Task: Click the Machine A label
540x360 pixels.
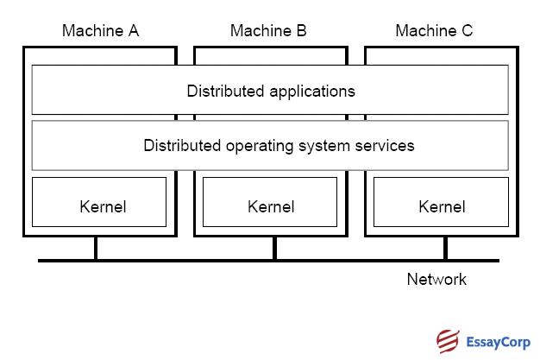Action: pos(100,32)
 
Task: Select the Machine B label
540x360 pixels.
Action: pos(268,32)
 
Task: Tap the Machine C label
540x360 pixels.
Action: pos(434,32)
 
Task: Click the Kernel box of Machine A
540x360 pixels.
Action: pos(99,202)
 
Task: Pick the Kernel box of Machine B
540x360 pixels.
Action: pos(270,202)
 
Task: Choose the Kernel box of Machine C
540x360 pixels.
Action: pos(441,202)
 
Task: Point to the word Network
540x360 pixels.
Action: pos(436,280)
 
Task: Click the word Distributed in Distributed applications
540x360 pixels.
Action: pos(221,91)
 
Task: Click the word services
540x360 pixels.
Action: pos(385,146)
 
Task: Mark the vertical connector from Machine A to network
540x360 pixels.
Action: pos(96,248)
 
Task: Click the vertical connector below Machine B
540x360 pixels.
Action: pos(274,248)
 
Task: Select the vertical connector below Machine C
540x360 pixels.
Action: pos(445,248)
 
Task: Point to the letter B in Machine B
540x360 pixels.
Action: pos(301,32)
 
